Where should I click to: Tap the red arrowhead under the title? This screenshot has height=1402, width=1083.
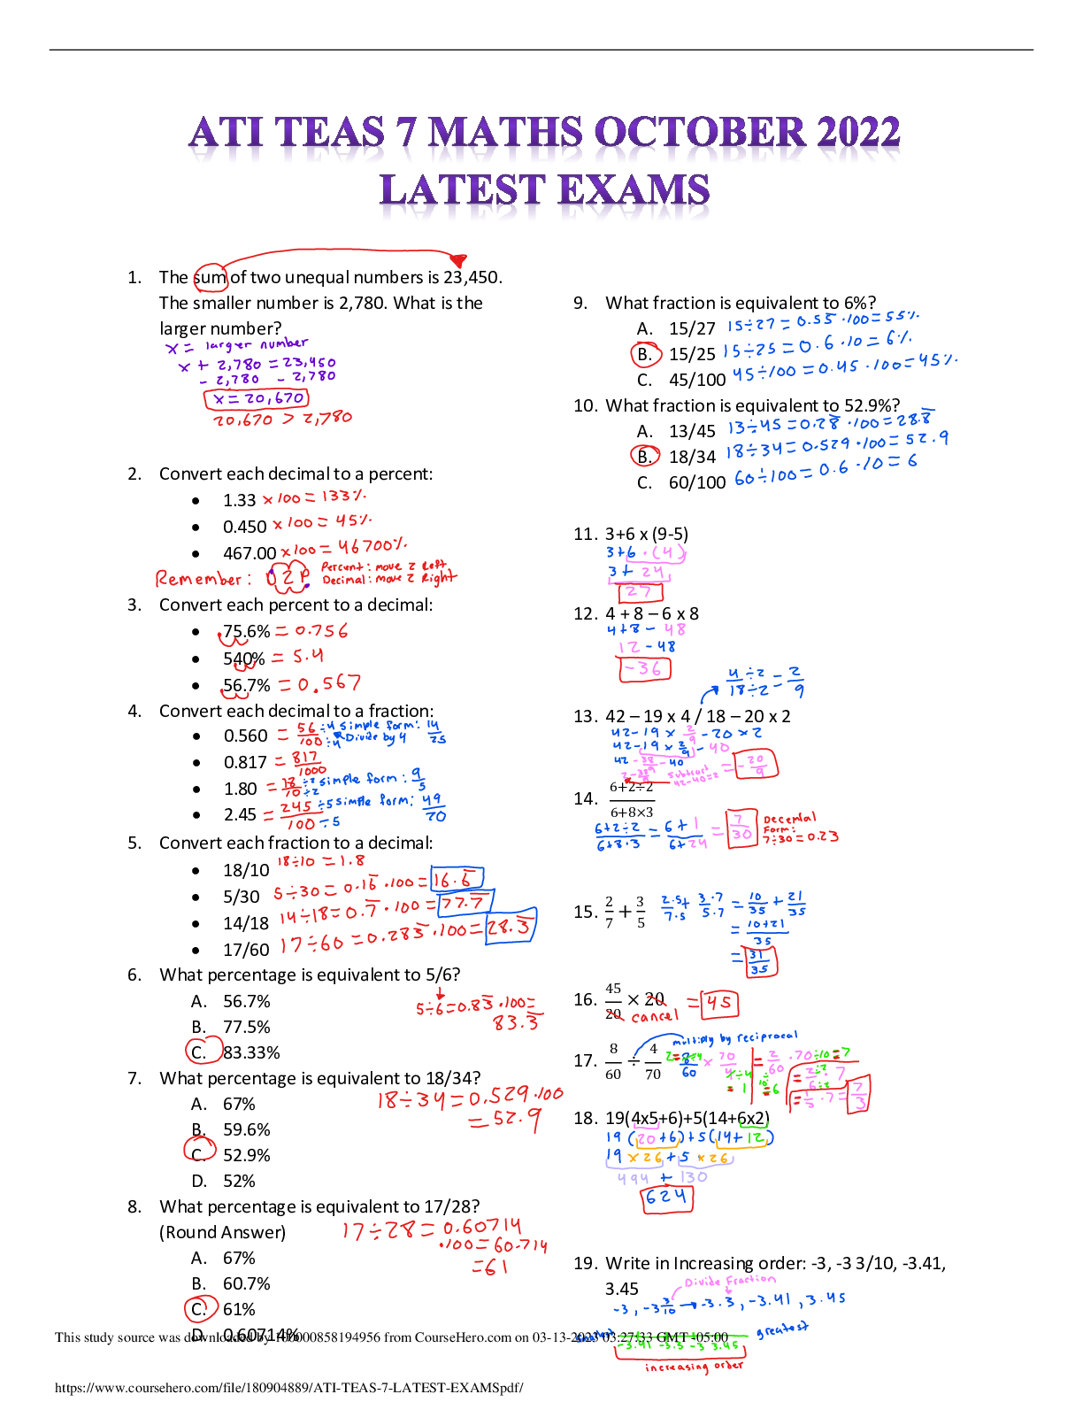click(457, 260)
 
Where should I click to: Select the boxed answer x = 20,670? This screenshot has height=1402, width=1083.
click(257, 399)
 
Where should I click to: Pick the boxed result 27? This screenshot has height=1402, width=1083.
click(640, 592)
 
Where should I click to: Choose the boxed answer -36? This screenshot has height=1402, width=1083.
click(644, 669)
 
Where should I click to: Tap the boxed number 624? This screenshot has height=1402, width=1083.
click(667, 1198)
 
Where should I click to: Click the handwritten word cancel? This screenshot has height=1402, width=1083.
click(655, 1016)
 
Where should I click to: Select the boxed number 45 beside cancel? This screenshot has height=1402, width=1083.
click(718, 1003)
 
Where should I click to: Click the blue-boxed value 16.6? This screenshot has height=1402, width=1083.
click(457, 879)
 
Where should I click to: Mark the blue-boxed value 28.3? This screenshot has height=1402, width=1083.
click(511, 927)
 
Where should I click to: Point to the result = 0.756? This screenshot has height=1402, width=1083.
click(311, 631)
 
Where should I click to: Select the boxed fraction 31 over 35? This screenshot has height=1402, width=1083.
click(759, 962)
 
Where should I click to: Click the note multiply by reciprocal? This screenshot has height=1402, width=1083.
click(734, 1038)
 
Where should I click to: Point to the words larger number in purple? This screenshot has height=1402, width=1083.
click(257, 344)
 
